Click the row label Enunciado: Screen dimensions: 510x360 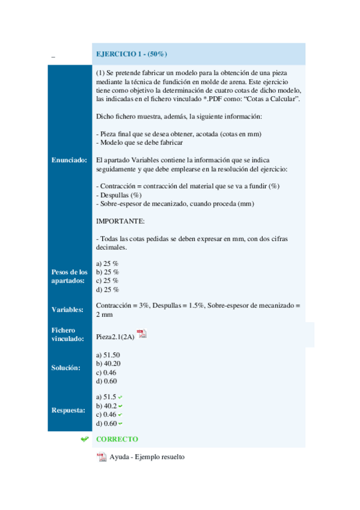click(69, 161)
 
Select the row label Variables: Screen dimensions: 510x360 click(67, 310)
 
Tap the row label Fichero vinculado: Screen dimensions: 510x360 click(64, 334)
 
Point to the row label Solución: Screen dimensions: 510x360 click(66, 367)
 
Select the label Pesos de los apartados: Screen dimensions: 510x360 click(69, 276)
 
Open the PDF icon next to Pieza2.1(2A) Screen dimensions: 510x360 click(142, 334)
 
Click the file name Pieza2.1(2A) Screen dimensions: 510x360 click(115, 337)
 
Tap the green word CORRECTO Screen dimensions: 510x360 click(117, 439)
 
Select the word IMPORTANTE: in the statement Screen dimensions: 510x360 click(120, 221)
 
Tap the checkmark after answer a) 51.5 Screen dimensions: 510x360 click(120, 398)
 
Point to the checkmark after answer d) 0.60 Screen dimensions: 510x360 click(121, 423)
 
